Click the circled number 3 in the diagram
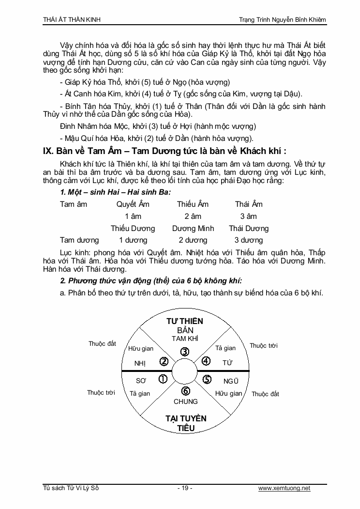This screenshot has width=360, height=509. (x=185, y=352)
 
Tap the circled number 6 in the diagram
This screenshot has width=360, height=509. (x=185, y=391)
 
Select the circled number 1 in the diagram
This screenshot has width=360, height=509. (x=163, y=379)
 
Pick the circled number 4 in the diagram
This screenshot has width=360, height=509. (x=206, y=361)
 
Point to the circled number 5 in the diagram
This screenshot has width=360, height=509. (x=207, y=379)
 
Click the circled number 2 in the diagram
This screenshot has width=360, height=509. (x=164, y=361)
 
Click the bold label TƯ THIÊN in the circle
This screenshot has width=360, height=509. (x=185, y=321)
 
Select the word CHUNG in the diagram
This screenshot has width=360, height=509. (x=186, y=401)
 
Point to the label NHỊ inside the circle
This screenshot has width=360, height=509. (x=140, y=363)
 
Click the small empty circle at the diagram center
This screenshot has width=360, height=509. (x=185, y=371)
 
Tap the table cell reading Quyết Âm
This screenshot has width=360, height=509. (x=133, y=204)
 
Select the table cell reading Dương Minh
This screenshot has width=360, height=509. (x=193, y=228)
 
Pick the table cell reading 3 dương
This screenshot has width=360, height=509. (x=249, y=240)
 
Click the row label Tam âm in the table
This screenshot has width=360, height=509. (x=74, y=204)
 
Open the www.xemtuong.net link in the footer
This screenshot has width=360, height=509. (x=284, y=488)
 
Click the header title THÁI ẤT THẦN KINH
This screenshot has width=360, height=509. (x=72, y=19)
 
